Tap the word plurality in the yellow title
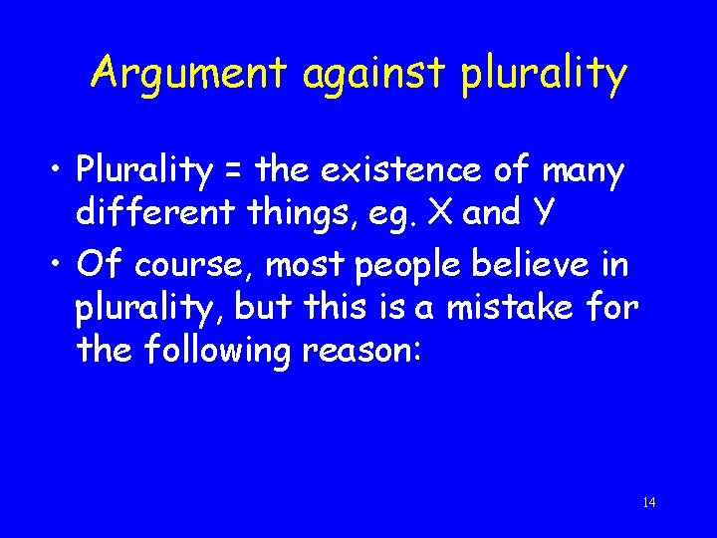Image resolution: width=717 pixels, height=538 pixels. point(544,75)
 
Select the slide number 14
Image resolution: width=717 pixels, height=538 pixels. point(649,502)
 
